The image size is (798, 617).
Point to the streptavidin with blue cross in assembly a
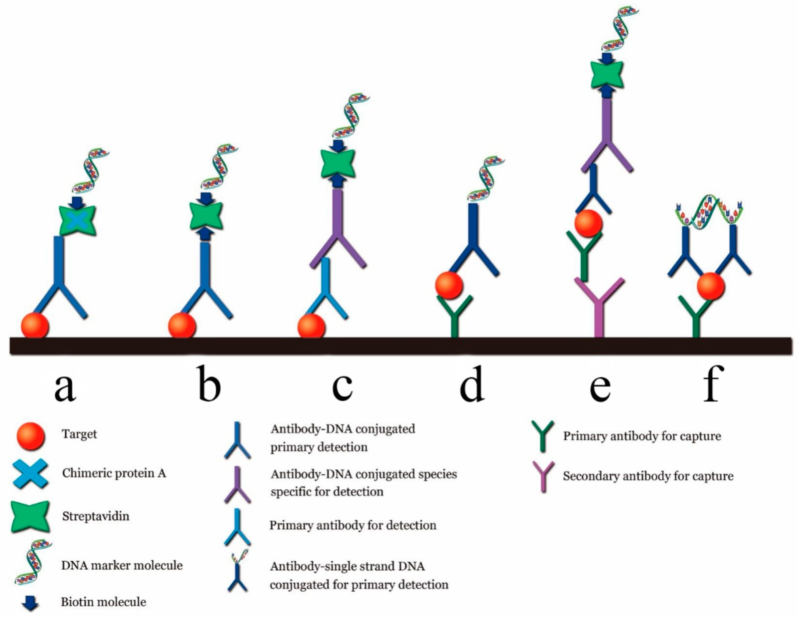click(x=78, y=220)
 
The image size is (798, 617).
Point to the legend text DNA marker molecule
click(x=122, y=566)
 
